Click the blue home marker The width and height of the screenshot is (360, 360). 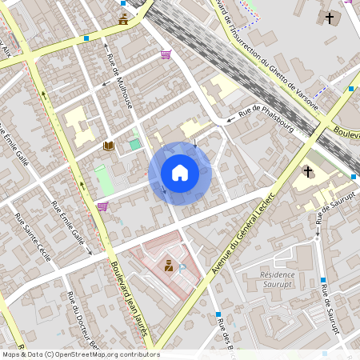pyautogui.click(x=180, y=172)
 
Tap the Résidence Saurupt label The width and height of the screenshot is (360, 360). pyautogui.click(x=278, y=279)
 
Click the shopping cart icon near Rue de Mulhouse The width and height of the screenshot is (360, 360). pyautogui.click(x=166, y=54)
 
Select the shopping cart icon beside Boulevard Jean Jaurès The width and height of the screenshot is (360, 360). pyautogui.click(x=102, y=206)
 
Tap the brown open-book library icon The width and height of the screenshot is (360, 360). pyautogui.click(x=108, y=146)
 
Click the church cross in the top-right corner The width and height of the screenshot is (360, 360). pyautogui.click(x=329, y=18)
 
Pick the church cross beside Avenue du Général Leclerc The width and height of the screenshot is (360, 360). pyautogui.click(x=307, y=171)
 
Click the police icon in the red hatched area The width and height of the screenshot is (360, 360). pyautogui.click(x=169, y=266)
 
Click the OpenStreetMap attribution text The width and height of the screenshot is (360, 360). pyautogui.click(x=80, y=354)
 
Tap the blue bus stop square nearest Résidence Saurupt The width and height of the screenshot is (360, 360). pyautogui.click(x=323, y=280)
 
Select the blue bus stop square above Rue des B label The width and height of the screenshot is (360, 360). pyautogui.click(x=218, y=314)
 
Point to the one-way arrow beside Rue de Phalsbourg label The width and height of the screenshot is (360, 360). pyautogui.click(x=232, y=119)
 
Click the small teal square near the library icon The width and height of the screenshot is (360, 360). pyautogui.click(x=135, y=144)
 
